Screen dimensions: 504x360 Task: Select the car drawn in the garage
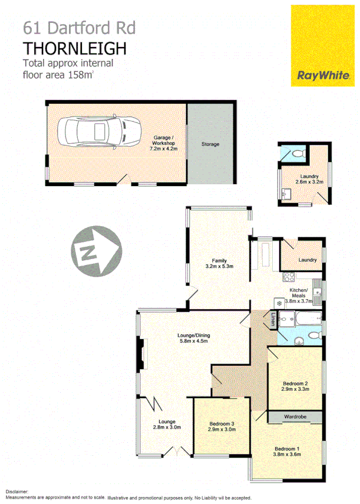[x=99, y=130]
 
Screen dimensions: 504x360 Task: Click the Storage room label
[x=210, y=144]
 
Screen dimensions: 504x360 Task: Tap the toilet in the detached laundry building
[x=297, y=154]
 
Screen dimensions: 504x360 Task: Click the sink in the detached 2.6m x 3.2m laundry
[x=287, y=194]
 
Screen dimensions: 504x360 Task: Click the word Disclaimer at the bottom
[x=18, y=490]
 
